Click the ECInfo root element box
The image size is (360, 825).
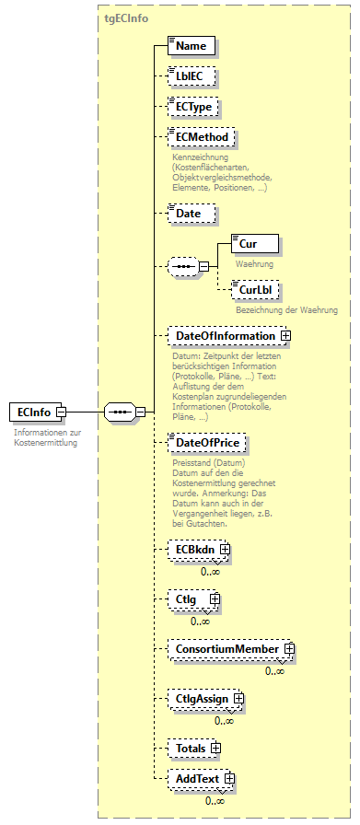coord(32,412)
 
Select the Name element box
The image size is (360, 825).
coord(192,45)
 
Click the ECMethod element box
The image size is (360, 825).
coord(200,138)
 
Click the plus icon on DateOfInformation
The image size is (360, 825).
coord(285,336)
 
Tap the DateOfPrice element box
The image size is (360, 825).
coord(207,443)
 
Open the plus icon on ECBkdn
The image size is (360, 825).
coord(224,550)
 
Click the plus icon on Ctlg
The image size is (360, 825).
coord(215,599)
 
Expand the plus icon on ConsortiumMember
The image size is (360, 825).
coord(289,649)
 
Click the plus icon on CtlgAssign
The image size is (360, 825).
coord(238,699)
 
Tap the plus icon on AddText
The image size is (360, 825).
coord(229,780)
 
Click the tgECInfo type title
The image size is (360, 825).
coord(127,17)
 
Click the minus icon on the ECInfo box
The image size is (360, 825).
coord(61,412)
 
